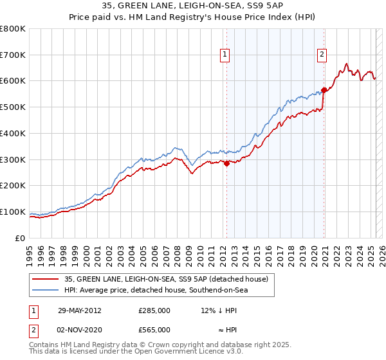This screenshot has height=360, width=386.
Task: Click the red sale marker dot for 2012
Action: click(x=226, y=163)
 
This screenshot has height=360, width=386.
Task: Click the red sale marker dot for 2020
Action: click(x=324, y=91)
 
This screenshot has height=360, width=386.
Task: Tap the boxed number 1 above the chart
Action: click(x=225, y=55)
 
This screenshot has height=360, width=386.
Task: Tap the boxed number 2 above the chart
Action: click(x=321, y=55)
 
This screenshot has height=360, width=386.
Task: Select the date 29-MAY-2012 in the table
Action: click(x=80, y=310)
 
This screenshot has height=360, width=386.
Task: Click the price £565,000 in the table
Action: click(x=154, y=330)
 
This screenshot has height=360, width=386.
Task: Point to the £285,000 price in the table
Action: click(x=154, y=310)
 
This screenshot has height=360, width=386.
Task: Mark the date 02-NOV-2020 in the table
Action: click(x=80, y=330)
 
